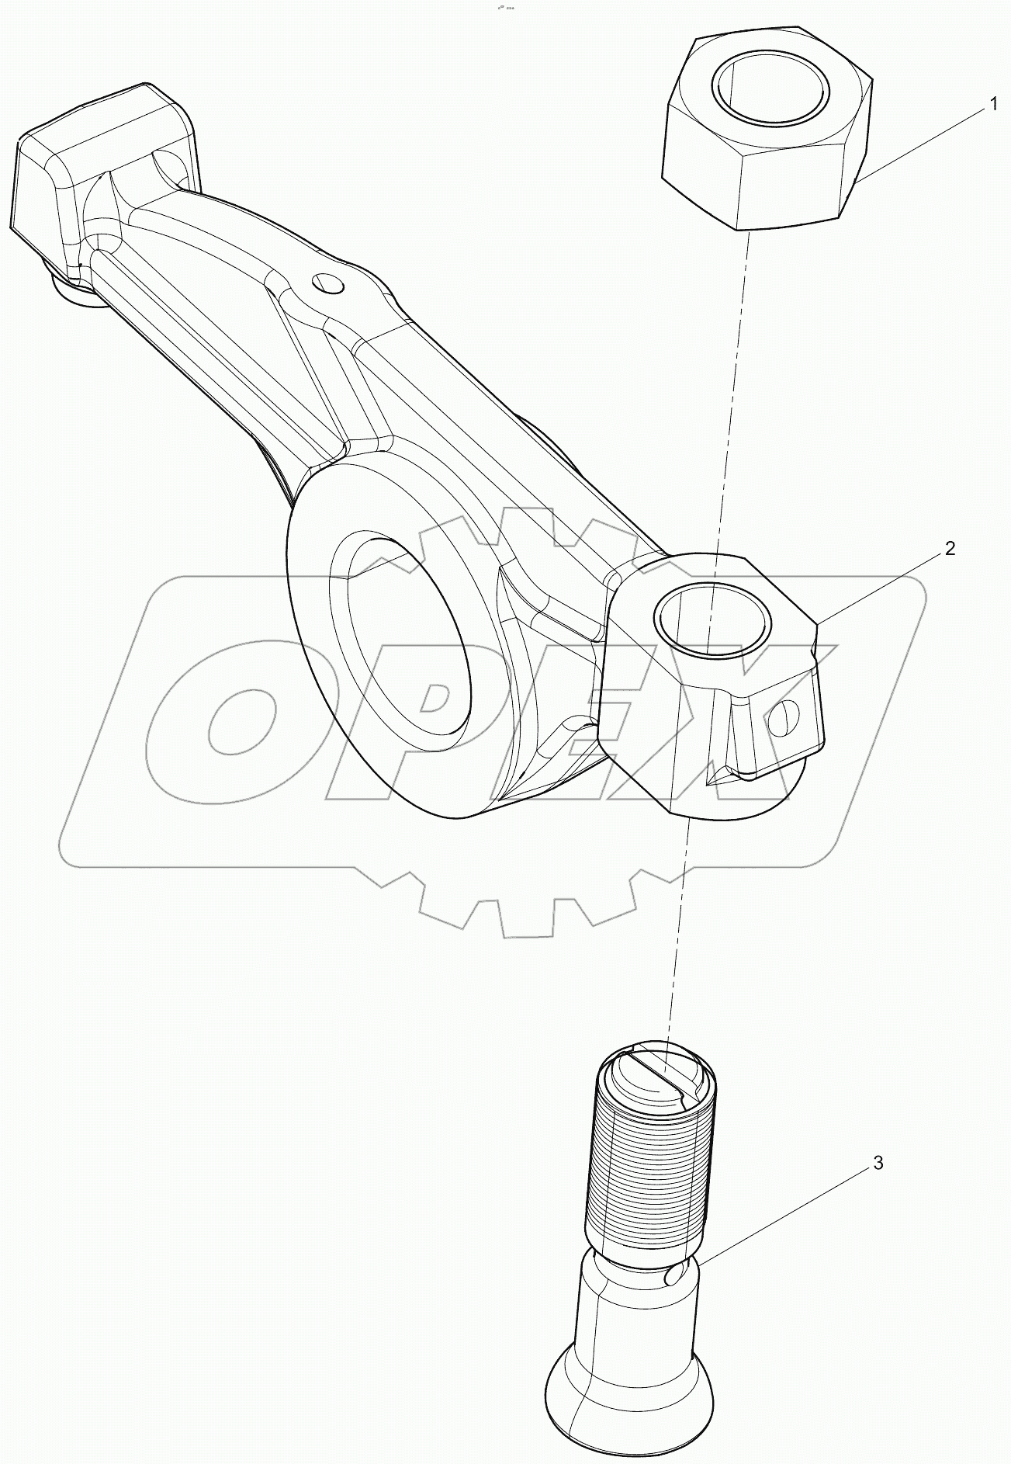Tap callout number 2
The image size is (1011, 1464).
coord(950,549)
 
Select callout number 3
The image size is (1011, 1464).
coord(878,1163)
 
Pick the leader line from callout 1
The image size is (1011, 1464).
coord(923,141)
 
